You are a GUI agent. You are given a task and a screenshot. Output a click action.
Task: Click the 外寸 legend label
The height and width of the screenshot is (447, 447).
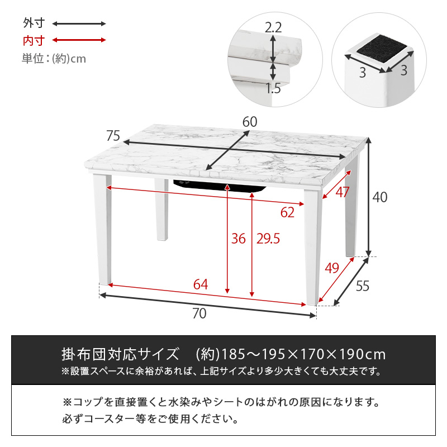tap(34, 23)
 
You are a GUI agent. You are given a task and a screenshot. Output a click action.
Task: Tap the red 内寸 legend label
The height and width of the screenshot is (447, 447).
tap(34, 40)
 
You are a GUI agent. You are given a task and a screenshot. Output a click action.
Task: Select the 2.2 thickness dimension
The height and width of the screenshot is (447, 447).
tap(273, 27)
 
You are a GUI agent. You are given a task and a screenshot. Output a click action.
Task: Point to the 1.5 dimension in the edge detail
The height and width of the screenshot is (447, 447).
tap(273, 88)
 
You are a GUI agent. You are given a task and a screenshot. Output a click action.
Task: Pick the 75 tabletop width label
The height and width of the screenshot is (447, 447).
tap(113, 136)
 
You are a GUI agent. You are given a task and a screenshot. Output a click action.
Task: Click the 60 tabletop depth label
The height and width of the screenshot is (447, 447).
tap(250, 122)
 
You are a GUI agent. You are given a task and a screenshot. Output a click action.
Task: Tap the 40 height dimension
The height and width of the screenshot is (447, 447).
tap(380, 197)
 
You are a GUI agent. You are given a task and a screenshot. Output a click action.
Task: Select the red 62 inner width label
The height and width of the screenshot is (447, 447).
tap(287, 212)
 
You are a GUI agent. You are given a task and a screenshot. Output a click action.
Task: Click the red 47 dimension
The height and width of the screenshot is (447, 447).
tap(342, 192)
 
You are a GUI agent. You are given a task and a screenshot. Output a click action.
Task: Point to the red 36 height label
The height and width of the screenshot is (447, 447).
tap(239, 239)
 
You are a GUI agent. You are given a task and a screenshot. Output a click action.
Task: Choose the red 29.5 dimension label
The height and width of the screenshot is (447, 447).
tap(268, 239)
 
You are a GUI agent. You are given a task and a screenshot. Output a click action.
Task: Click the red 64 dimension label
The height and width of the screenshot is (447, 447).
tap(201, 284)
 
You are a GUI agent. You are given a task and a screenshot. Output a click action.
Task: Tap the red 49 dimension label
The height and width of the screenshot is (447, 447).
tap(332, 268)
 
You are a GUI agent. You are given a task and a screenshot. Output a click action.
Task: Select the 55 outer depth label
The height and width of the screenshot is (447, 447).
tap(362, 286)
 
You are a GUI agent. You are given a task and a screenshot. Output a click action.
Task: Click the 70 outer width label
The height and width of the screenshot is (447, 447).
tap(199, 313)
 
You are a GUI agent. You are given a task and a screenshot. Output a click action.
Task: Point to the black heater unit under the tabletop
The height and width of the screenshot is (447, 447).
tap(220, 186)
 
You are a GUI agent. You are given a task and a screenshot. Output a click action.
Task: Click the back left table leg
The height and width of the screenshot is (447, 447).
tap(161, 210)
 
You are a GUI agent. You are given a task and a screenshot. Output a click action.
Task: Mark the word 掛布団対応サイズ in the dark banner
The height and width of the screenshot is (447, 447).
tap(120, 354)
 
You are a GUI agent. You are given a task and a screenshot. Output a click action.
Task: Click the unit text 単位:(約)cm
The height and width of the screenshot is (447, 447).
tap(54, 59)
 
